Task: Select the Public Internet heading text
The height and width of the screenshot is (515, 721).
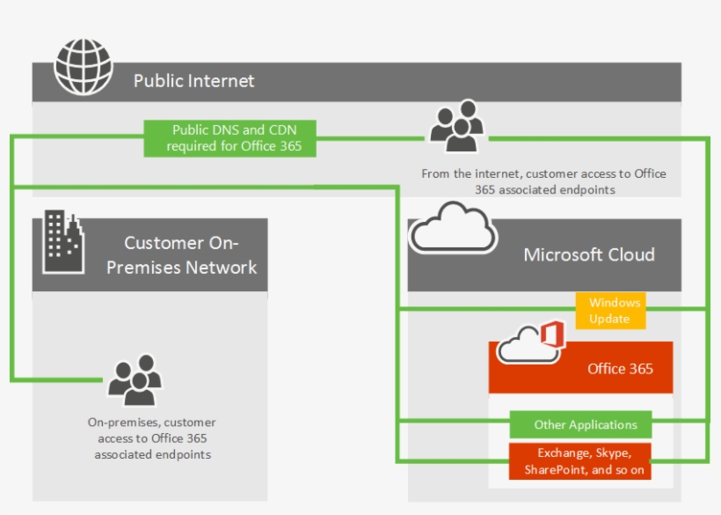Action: coord(193,81)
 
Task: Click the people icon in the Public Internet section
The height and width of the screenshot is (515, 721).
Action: coord(455,125)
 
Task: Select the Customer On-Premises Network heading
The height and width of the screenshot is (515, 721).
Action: coord(181,254)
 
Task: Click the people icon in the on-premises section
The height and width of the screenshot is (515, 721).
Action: coord(134,379)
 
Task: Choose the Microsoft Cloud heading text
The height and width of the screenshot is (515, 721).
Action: coord(588,254)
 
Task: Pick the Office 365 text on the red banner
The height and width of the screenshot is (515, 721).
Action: coord(620,369)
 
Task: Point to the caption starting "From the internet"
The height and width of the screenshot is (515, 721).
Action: coord(543,181)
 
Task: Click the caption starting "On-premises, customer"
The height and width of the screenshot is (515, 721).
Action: coord(152,438)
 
